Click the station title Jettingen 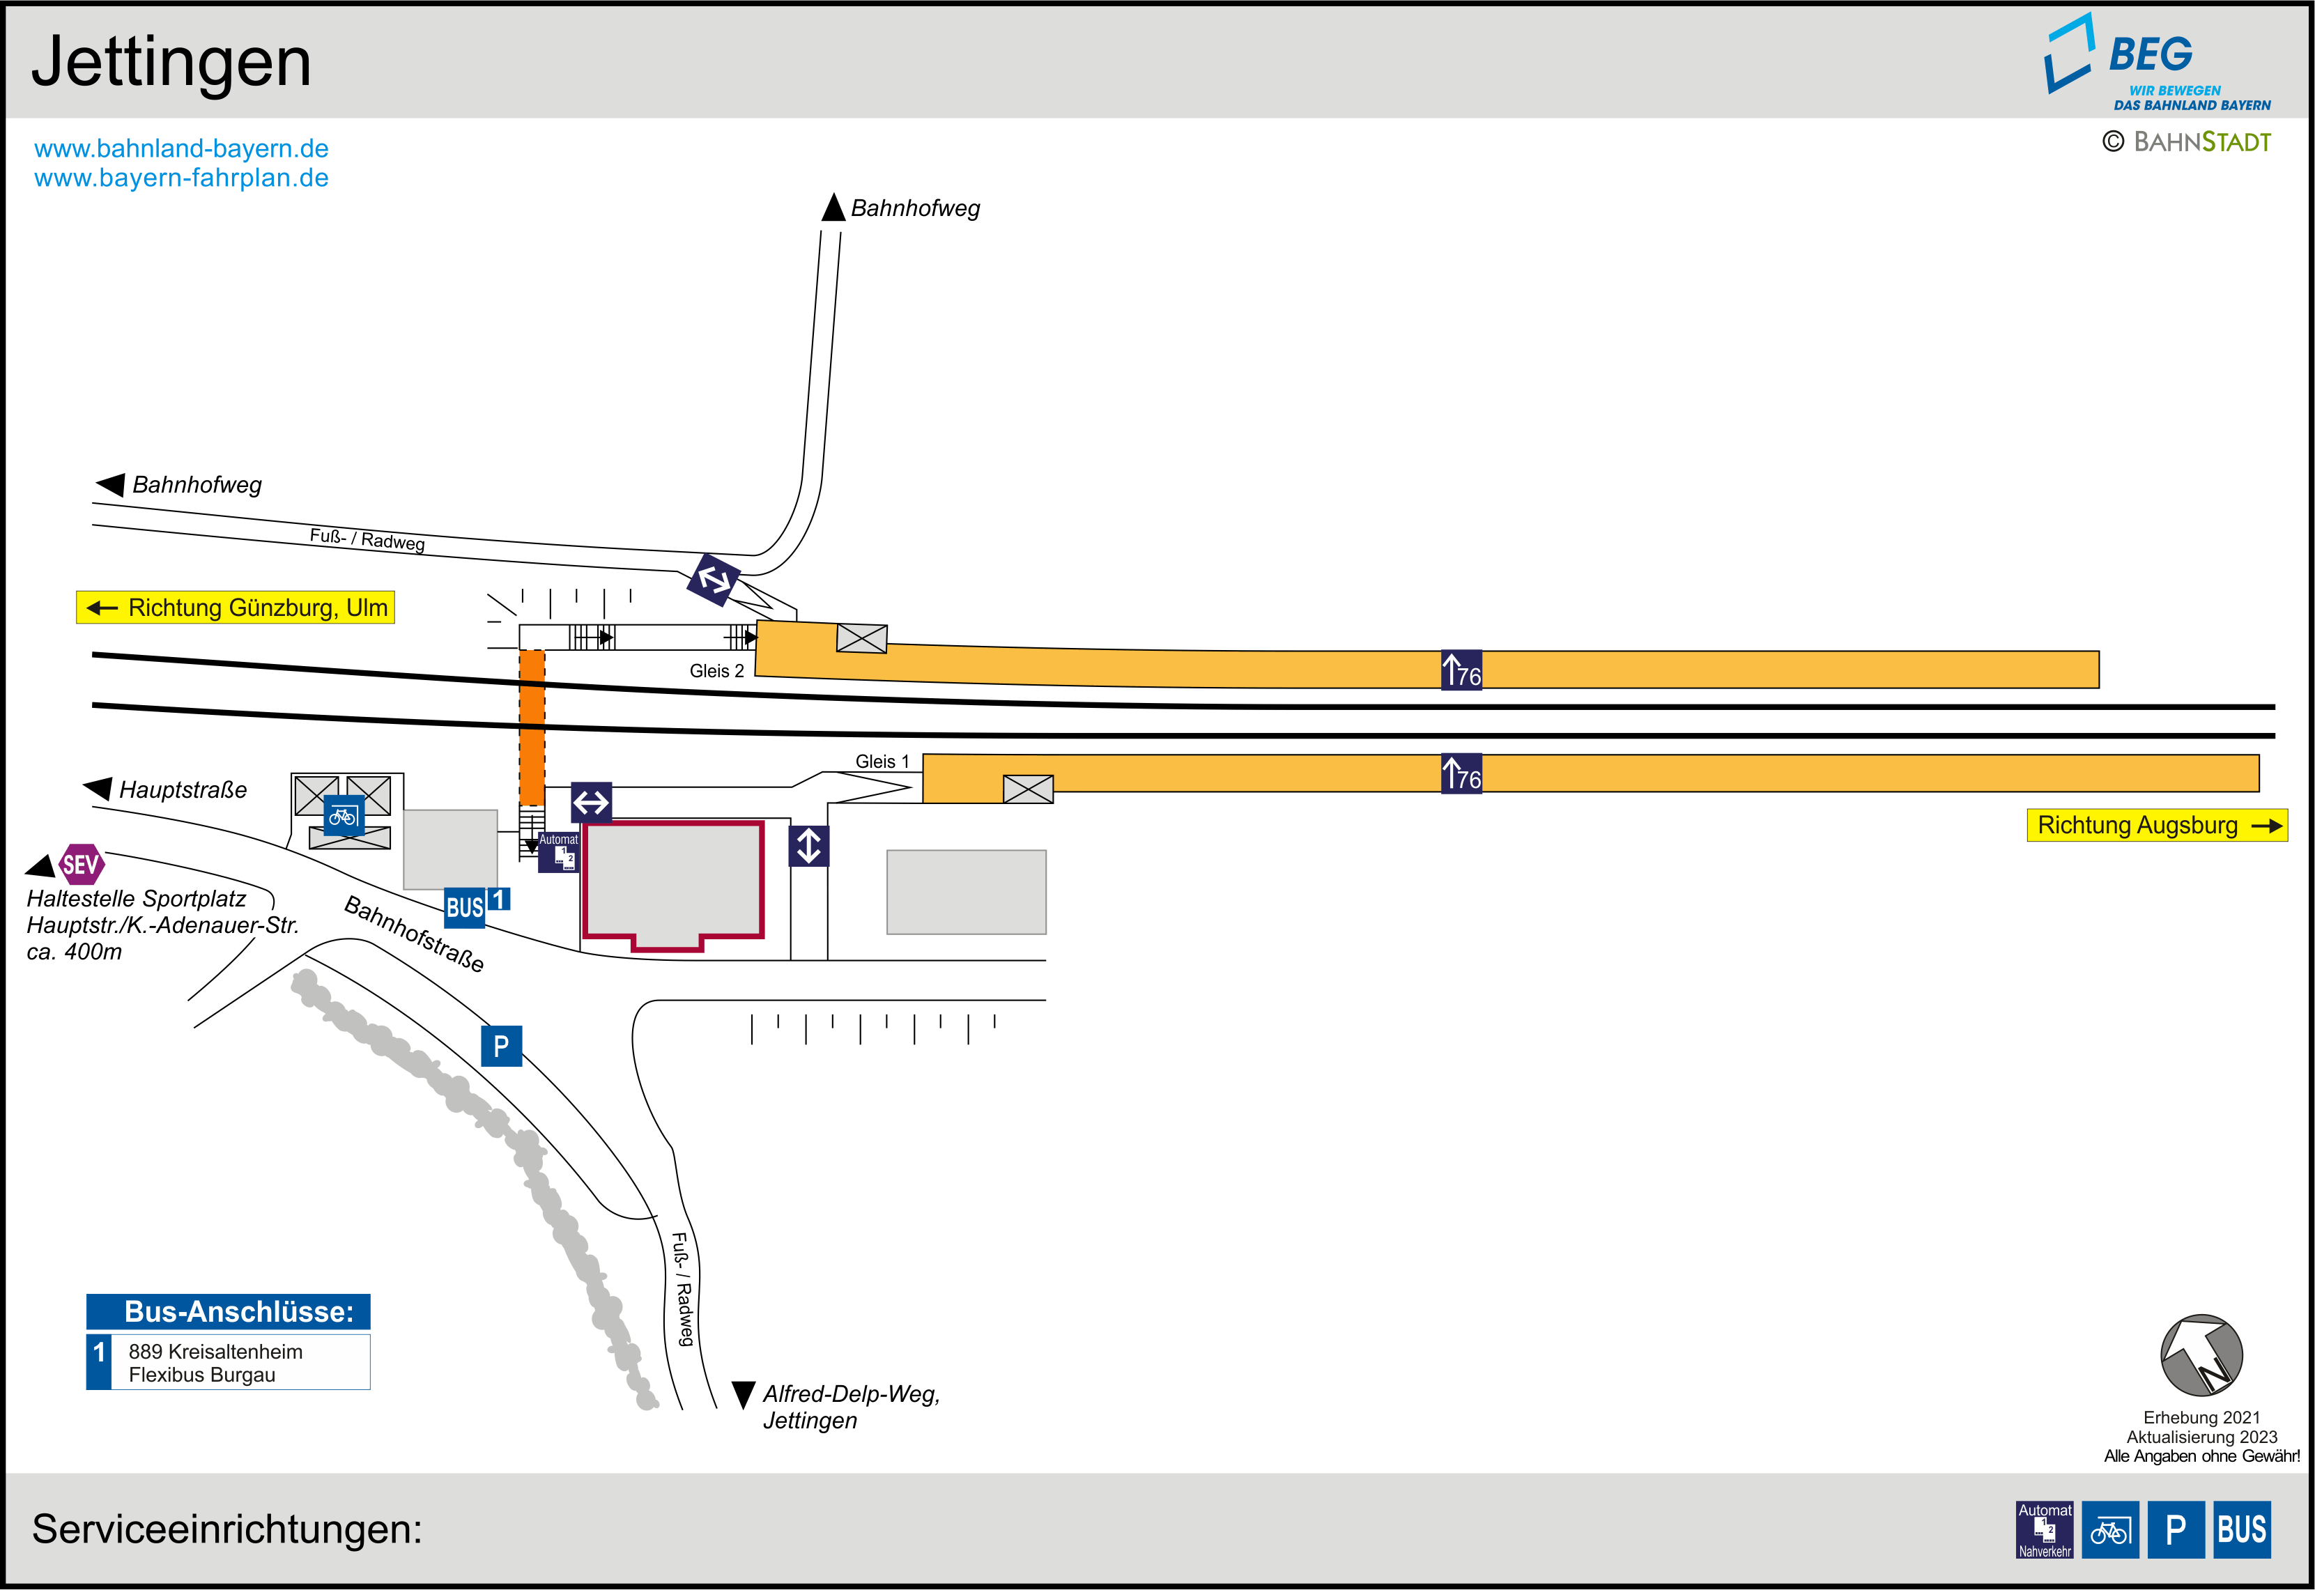point(171,62)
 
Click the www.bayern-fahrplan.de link point(181,178)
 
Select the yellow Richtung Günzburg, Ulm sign point(236,608)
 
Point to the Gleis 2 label point(716,672)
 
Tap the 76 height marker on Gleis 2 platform point(1461,670)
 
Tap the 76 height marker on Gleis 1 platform point(1461,774)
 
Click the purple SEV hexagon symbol point(81,865)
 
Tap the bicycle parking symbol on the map point(344,817)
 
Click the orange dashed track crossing point(532,727)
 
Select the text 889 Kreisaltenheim point(215,1352)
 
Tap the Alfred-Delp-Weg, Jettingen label point(851,1407)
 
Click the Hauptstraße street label point(183,790)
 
